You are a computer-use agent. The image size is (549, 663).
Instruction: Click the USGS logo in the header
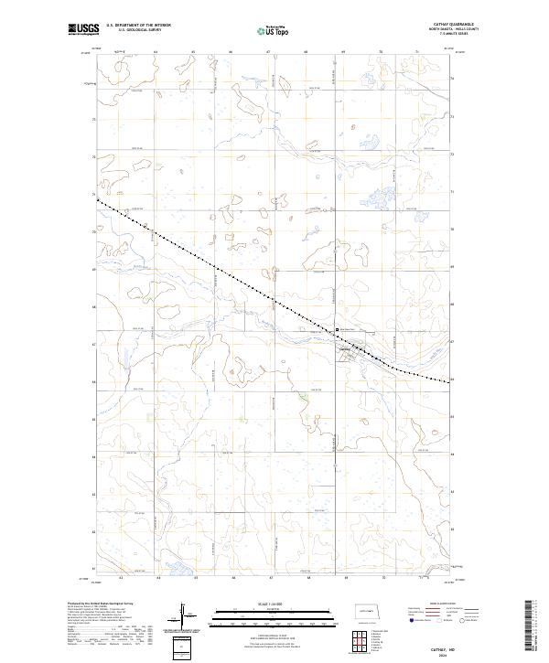coord(83,29)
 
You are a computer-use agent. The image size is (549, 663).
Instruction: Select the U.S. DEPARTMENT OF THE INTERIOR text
coord(138,25)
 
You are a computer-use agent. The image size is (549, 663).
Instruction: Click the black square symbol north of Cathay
coord(336,330)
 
